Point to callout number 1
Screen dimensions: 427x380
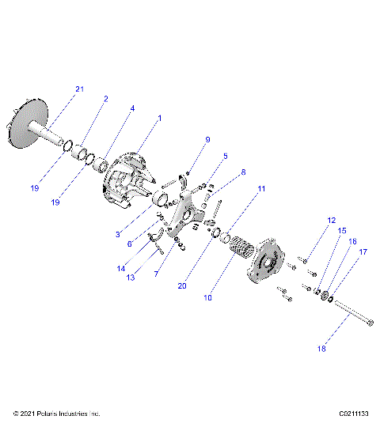pos(159,118)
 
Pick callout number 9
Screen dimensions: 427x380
pos(207,139)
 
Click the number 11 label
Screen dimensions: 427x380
pos(261,189)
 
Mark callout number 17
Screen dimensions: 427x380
pos(363,252)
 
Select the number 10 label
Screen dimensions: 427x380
pos(208,298)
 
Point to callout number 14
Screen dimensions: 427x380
pos(122,269)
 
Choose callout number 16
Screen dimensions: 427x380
pos(352,241)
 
